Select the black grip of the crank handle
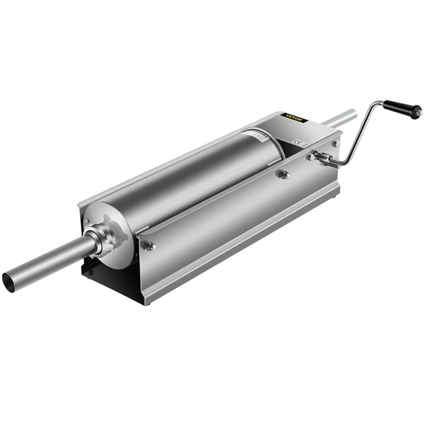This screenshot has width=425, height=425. tap(399, 109)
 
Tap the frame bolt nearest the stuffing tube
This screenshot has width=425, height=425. tap(149, 246)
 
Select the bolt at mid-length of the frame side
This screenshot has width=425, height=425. tap(283, 174)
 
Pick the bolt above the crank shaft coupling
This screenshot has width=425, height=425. tap(335, 144)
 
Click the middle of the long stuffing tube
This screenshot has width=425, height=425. tap(50, 262)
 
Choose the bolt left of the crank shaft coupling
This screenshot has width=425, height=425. tap(310, 157)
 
